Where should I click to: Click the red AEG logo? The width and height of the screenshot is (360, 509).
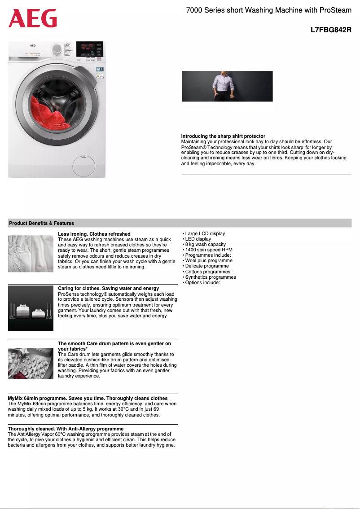pyautogui.click(x=33, y=19)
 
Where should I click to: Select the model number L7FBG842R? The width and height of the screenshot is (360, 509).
pyautogui.click(x=331, y=31)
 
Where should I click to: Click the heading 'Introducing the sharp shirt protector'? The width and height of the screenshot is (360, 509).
pyautogui.click(x=223, y=136)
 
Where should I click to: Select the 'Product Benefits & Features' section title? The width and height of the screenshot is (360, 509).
pyautogui.click(x=41, y=223)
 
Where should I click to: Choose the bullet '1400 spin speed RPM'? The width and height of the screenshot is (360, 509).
pyautogui.click(x=208, y=250)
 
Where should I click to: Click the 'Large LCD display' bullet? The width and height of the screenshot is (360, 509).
pyautogui.click(x=205, y=233)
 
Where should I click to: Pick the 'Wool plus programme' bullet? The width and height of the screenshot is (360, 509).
pyautogui.click(x=208, y=261)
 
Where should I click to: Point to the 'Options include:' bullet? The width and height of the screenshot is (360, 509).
pyautogui.click(x=202, y=283)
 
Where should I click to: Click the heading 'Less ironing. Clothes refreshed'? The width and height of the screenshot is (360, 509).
pyautogui.click(x=94, y=234)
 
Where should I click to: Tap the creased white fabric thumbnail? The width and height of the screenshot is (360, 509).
pyautogui.click(x=31, y=254)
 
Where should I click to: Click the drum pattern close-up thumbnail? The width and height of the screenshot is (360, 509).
pyautogui.click(x=31, y=363)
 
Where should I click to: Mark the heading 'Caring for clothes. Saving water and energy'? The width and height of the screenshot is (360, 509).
pyautogui.click(x=108, y=288)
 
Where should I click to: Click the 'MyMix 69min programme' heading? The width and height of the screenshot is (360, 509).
pyautogui.click(x=88, y=398)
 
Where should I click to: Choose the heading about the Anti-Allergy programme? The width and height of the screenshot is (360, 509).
pyautogui.click(x=66, y=429)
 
